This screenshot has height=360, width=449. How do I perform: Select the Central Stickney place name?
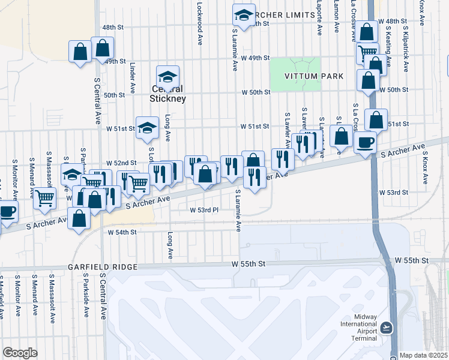click(x=168, y=94)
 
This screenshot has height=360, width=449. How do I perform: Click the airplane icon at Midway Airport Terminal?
click(x=387, y=328)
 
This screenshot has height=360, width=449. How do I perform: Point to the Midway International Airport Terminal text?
click(x=359, y=328)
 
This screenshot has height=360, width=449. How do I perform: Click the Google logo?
click(x=19, y=353)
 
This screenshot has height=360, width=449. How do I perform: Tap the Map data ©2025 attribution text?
click(x=424, y=355)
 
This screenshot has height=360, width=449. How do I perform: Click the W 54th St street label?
click(x=122, y=232)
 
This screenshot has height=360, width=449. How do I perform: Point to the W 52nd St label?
click(x=118, y=163)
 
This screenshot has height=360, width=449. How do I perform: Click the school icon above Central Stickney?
click(x=168, y=77)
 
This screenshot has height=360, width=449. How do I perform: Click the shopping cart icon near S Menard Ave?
click(x=45, y=197)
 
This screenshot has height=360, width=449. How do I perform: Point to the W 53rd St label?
click(x=393, y=193)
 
